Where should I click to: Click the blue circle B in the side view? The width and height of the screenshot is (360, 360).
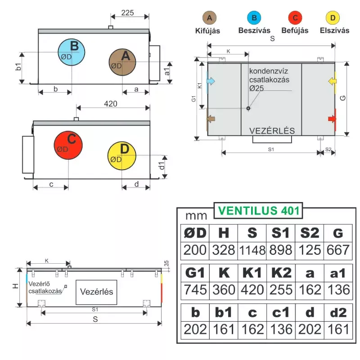coord(72,52)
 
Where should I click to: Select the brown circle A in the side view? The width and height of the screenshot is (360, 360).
coord(122,62)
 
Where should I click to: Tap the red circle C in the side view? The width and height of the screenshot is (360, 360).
coord(68,145)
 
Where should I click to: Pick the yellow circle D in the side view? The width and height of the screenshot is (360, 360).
coord(121,156)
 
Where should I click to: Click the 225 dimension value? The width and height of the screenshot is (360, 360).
coord(127,13)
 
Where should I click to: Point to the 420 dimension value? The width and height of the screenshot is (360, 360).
coord(111,104)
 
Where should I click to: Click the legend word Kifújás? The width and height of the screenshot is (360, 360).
coord(207,31)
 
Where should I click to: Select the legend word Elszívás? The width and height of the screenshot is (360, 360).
coord(334,30)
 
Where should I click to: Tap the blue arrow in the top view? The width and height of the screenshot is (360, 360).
coord(211,81)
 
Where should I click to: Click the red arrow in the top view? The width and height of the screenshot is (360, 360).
coord(332,119)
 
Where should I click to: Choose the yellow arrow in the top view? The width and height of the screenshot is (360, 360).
coord(332,81)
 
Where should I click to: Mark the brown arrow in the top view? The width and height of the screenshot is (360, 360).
coord(211,119)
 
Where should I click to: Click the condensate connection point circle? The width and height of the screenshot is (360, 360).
coord(248,108)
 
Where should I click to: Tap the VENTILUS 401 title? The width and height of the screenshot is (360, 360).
coord(258,211)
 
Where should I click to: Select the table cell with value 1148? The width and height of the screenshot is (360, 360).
coord(252,251)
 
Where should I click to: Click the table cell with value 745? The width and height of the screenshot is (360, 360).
coord(195,290)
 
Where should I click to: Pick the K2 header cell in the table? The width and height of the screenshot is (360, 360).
coord(281,273)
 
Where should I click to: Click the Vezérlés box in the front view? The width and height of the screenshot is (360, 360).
coord(96,292)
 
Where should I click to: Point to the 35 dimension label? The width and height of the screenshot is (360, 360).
coord(166,263)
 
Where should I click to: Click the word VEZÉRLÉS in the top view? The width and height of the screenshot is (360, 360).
coord(272,130)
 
